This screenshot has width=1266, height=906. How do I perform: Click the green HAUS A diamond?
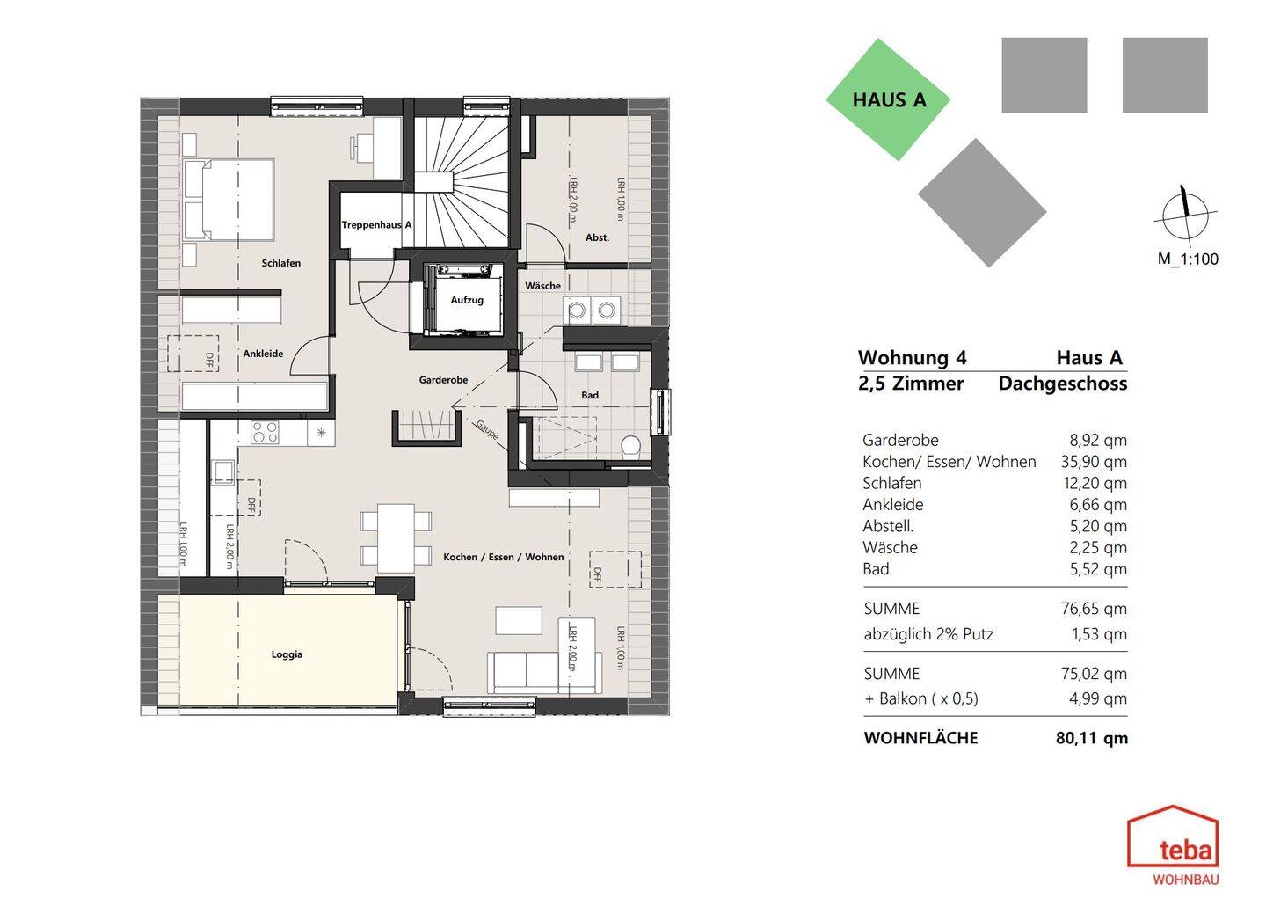888,99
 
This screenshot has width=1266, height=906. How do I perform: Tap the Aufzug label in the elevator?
467,300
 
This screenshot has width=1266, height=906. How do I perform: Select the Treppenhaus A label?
376,224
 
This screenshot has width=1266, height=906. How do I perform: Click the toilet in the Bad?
630,447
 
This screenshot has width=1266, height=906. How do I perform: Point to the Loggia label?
287,654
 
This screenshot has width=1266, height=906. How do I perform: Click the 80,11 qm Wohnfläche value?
1092,738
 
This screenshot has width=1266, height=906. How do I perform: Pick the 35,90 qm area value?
1094,462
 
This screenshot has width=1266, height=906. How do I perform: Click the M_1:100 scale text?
1188,259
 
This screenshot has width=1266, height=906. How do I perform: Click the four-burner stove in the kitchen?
266,433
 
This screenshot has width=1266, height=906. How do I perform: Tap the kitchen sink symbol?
222,471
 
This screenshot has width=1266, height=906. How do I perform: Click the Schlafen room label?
281,263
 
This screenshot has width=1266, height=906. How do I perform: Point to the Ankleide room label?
263,354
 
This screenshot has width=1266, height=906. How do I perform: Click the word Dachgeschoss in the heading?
1063,384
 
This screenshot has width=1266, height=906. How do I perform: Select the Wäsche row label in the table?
890,547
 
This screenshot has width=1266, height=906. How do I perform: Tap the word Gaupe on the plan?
487,430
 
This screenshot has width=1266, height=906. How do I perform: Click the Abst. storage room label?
598,237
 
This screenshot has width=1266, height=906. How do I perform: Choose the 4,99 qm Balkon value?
1097,698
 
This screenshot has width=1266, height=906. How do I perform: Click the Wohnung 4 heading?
912,357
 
